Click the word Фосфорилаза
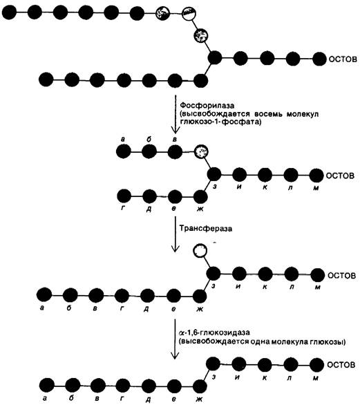(x=207, y=106)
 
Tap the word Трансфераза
(x=206, y=229)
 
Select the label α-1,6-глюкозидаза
(x=214, y=332)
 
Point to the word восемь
(x=267, y=114)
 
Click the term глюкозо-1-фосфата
(x=220, y=122)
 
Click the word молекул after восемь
(x=303, y=114)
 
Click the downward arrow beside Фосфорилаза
(x=176, y=114)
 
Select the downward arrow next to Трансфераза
(x=176, y=234)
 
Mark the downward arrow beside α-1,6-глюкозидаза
(x=175, y=339)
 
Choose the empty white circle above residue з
(x=200, y=250)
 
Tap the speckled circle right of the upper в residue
(x=201, y=151)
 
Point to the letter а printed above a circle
(x=123, y=140)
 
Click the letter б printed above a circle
(x=149, y=140)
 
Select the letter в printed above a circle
(x=175, y=140)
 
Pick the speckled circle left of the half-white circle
(x=162, y=13)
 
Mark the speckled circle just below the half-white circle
(x=201, y=35)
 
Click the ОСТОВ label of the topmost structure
(x=343, y=59)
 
